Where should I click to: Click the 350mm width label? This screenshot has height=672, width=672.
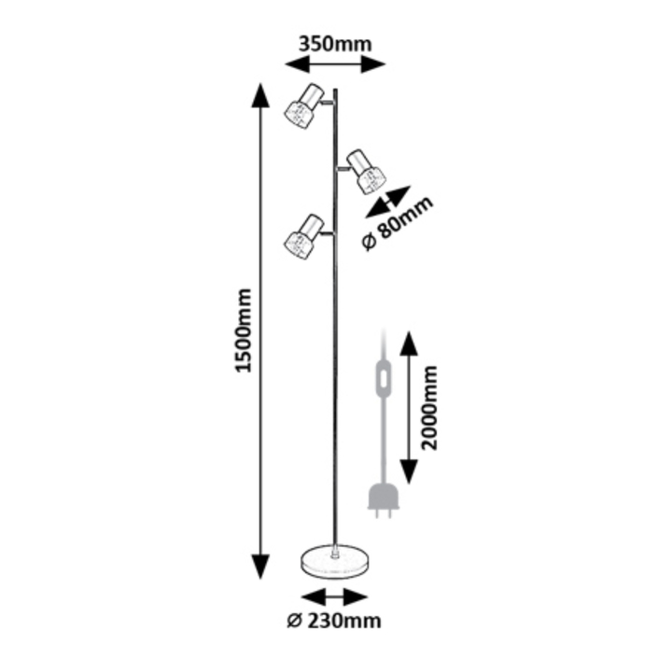335,44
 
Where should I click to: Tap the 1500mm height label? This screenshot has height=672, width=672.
245,330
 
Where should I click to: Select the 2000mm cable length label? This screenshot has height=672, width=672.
429,408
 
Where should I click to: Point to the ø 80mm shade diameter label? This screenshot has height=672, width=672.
398,223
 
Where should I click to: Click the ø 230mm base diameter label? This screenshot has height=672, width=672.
334,621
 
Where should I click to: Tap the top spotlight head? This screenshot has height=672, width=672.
304,105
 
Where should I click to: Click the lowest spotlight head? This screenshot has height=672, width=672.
304,236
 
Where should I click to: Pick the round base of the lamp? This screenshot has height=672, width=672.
336,562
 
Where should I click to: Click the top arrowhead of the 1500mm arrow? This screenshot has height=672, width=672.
260,95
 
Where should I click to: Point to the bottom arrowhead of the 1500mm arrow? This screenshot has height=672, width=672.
260,567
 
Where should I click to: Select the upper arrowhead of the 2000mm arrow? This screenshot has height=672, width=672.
409,343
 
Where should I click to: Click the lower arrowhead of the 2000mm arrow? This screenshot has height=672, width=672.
409,471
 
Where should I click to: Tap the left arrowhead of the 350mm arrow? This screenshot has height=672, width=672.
298,64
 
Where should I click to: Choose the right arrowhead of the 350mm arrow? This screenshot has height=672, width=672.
373,64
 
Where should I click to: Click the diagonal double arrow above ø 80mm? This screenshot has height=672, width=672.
388,202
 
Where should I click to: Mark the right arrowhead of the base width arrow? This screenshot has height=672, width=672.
356,597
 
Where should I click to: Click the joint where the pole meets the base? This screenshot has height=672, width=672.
335,552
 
